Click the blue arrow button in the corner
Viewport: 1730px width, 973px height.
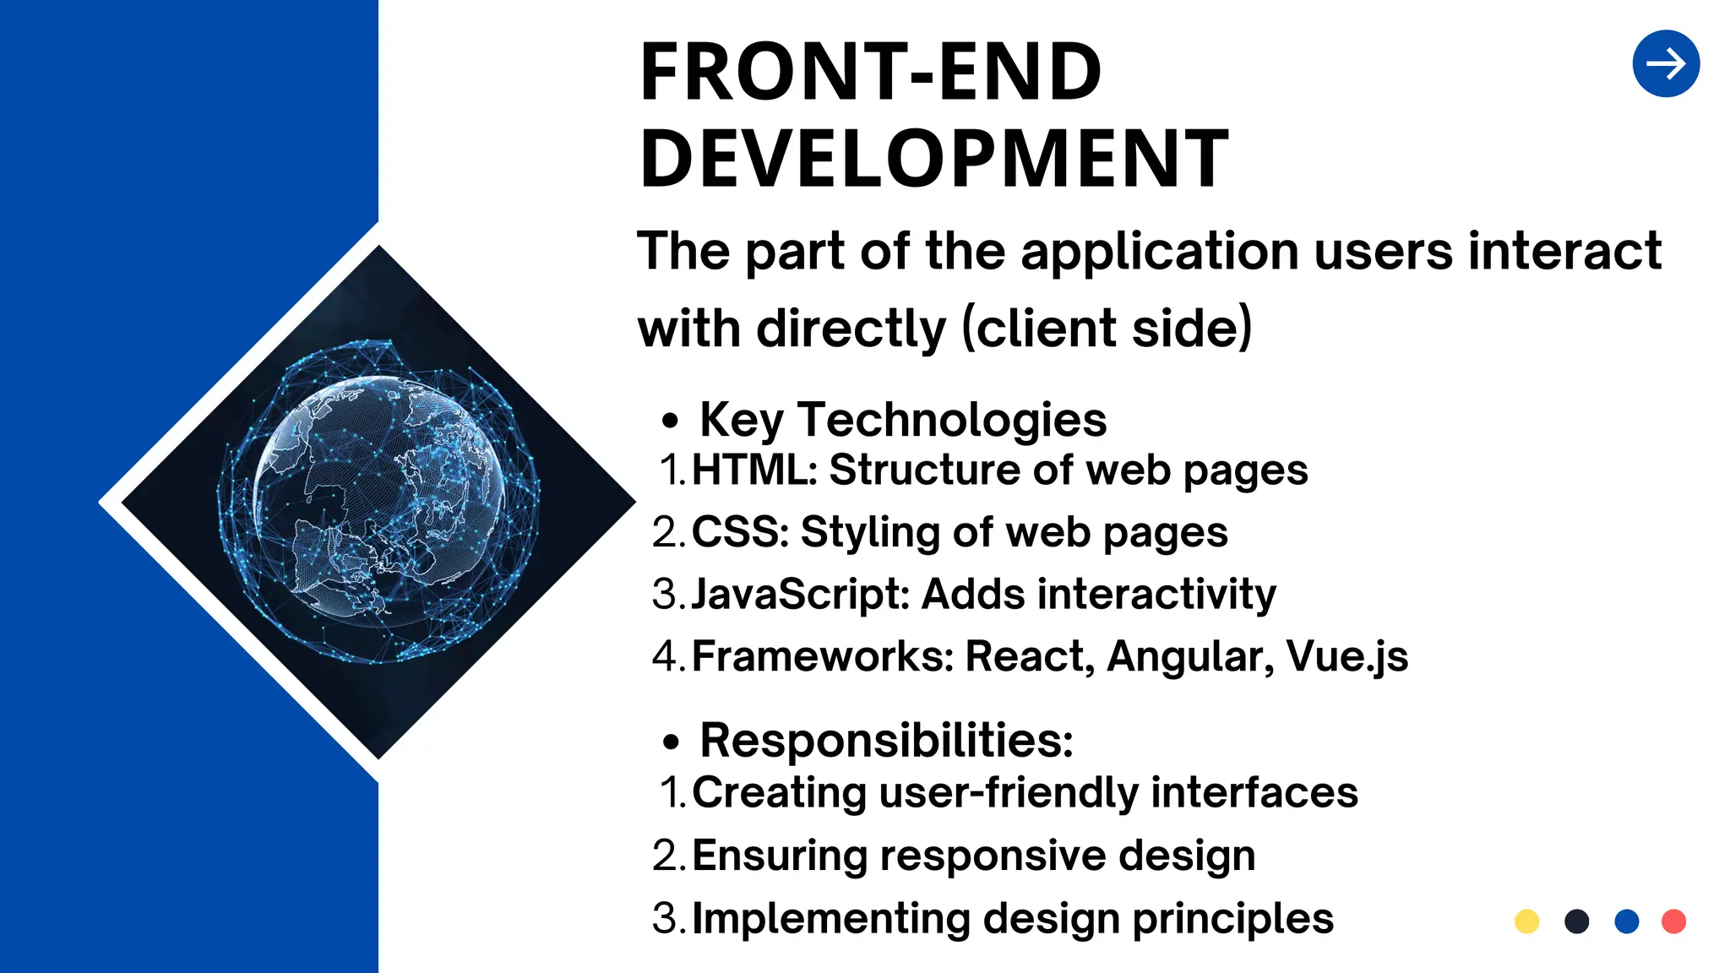coord(1666,64)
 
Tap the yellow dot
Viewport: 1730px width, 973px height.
coord(1526,921)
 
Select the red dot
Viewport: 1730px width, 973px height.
coord(1673,921)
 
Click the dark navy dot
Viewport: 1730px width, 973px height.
coord(1576,921)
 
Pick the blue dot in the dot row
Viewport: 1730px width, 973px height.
coord(1626,921)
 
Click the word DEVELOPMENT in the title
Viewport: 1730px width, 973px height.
coord(934,158)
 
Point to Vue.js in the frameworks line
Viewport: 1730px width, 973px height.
coord(1346,656)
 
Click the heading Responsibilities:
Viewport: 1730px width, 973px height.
coord(886,741)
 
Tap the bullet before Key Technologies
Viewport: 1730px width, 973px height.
coord(670,421)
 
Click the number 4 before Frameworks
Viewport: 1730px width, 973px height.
coord(665,656)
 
